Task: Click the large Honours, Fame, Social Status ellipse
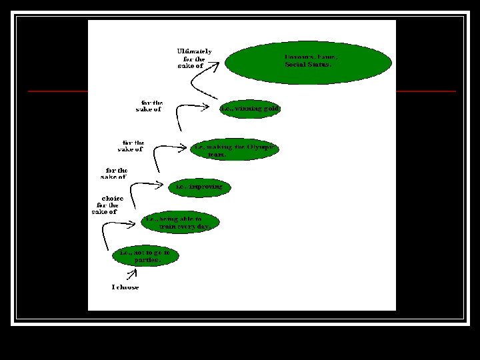pyautogui.click(x=308, y=61)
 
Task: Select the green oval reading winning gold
pyautogui.click(x=250, y=108)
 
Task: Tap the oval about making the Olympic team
pyautogui.click(x=234, y=149)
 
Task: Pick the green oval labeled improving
pyautogui.click(x=199, y=187)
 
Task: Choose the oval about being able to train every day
pyautogui.click(x=180, y=223)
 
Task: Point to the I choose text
pyautogui.click(x=125, y=287)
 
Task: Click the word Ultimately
pyautogui.click(x=194, y=51)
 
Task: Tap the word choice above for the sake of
pyautogui.click(x=111, y=198)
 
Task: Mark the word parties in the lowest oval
pyautogui.click(x=148, y=260)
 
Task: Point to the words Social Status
pyautogui.click(x=308, y=65)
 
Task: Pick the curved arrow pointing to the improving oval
pyautogui.click(x=137, y=190)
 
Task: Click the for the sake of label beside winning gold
pyautogui.click(x=149, y=106)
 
